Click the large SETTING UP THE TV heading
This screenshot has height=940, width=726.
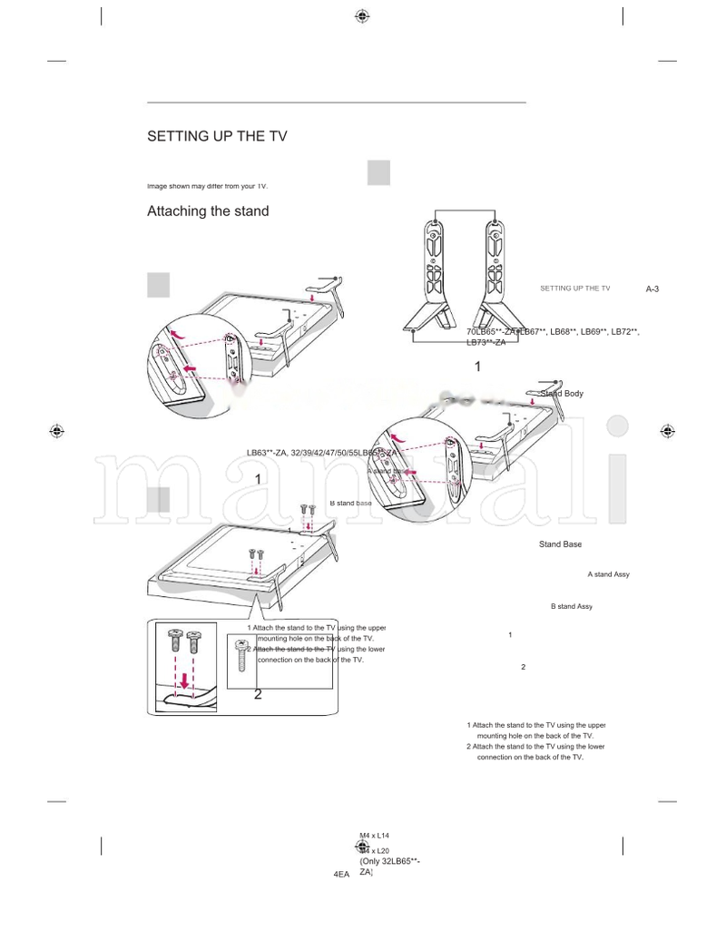click(217, 137)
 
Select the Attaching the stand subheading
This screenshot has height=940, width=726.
click(208, 211)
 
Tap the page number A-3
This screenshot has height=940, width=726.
click(652, 289)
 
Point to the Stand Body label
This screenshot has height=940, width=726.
click(562, 394)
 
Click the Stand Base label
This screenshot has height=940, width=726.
click(560, 544)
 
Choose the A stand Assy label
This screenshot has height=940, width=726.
click(608, 574)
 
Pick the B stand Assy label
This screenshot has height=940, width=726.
click(571, 606)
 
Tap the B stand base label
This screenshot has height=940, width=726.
click(350, 503)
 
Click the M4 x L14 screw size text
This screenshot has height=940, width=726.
click(374, 835)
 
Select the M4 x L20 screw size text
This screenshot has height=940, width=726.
click(374, 851)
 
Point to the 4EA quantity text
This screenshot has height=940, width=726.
click(341, 874)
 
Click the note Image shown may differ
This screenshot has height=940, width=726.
click(207, 186)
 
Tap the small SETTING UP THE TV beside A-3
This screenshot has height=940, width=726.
click(574, 289)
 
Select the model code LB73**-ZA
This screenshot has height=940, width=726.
click(486, 342)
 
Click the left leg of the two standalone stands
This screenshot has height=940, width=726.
click(437, 272)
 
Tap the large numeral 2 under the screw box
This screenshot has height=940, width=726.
click(258, 694)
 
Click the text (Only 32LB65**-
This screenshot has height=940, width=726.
click(389, 861)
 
